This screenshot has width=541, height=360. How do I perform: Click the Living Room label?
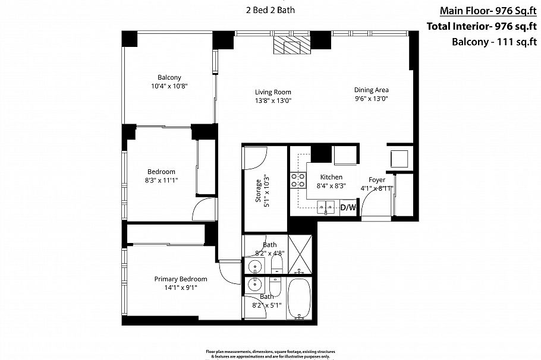tap(273, 92)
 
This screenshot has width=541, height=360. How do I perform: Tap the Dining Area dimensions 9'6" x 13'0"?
tap(371, 99)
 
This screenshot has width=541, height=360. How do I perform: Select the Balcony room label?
tap(169, 77)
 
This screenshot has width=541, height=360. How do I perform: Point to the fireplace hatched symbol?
tap(291, 45)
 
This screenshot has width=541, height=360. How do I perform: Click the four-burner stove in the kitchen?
tap(297, 179)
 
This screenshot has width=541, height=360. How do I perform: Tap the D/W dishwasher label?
tap(348, 207)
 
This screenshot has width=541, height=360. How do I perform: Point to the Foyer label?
tap(377, 179)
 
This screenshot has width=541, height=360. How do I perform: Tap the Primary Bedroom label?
tap(181, 279)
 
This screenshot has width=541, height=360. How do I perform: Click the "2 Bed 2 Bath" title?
tap(270, 10)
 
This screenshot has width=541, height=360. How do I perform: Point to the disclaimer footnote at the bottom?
tap(270, 353)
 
